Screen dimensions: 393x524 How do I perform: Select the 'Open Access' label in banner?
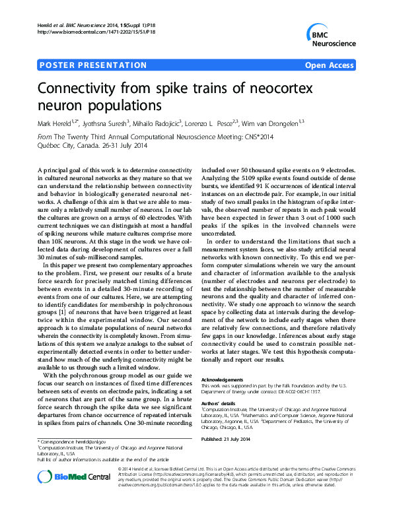[x=330, y=65]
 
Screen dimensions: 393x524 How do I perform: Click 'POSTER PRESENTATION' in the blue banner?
[x=93, y=65]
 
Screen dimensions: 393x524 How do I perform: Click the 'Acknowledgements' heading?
[x=222, y=380]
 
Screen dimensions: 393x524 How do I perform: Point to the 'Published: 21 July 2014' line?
[x=226, y=438]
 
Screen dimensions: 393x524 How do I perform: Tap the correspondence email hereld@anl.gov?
[x=88, y=440]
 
